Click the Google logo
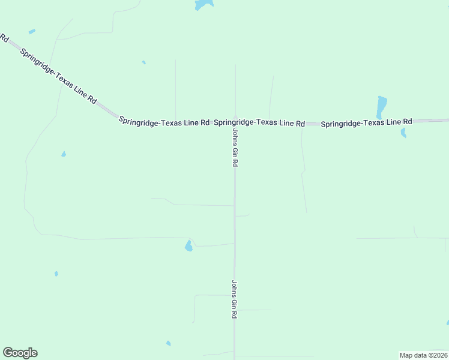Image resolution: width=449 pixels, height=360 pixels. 20,353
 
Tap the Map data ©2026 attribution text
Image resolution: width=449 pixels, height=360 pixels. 423,355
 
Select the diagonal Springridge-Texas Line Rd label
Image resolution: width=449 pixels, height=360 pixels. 58,76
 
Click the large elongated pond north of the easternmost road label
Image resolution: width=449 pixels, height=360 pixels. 381,106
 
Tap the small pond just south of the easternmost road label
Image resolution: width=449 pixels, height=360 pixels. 403,132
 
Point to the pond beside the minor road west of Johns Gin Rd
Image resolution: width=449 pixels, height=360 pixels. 188,246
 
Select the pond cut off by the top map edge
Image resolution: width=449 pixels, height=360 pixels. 203,4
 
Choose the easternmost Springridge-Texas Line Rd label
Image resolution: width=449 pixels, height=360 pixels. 366,122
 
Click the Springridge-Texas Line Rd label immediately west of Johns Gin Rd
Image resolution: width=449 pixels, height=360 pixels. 164,121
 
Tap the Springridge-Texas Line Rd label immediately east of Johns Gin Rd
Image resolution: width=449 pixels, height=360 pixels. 259,122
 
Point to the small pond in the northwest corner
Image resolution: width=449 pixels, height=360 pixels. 32,31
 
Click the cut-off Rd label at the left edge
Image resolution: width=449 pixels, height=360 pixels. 4,38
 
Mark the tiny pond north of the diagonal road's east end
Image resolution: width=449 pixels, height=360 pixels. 143,62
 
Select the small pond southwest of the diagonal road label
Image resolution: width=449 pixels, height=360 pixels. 64,154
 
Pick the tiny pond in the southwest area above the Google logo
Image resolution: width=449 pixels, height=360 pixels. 56,274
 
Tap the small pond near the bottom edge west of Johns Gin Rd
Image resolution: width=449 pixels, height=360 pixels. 169,343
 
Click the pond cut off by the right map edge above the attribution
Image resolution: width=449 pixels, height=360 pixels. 447,323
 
